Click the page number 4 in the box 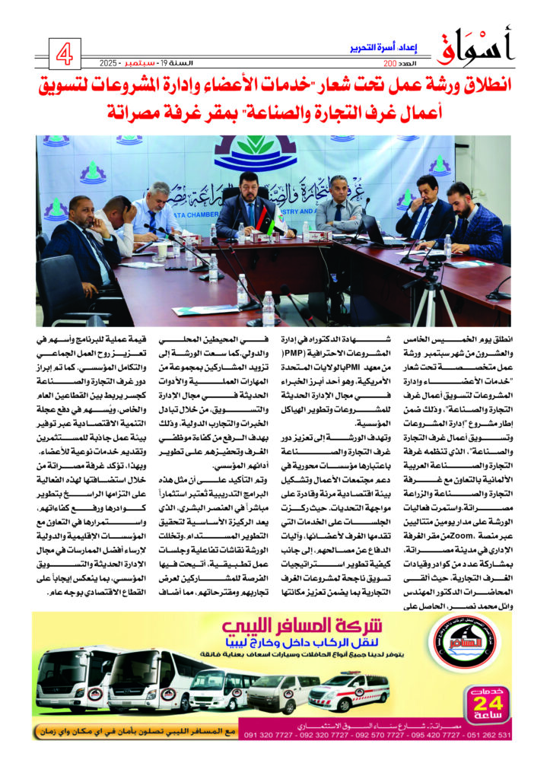click(x=65, y=54)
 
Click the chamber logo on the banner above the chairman click(x=265, y=151)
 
